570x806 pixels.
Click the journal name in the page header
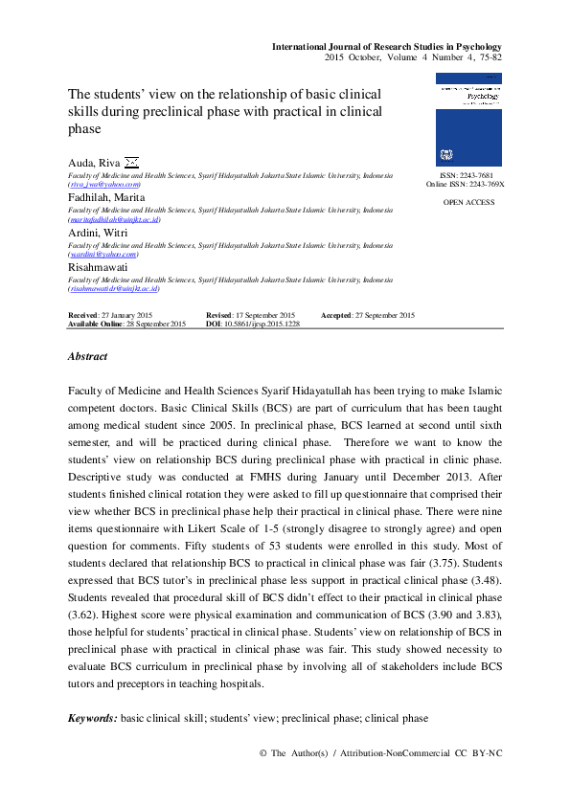[x=387, y=46]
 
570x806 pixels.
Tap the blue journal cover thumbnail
[x=468, y=121]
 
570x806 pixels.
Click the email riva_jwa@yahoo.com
[x=103, y=186]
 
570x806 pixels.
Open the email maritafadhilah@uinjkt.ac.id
[x=114, y=218]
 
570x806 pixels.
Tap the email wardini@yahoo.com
[x=103, y=255]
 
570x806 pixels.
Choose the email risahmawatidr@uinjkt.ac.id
[x=113, y=288]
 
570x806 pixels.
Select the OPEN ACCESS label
[x=469, y=203]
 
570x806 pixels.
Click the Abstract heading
[x=87, y=356]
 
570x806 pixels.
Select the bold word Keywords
[x=91, y=718]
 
